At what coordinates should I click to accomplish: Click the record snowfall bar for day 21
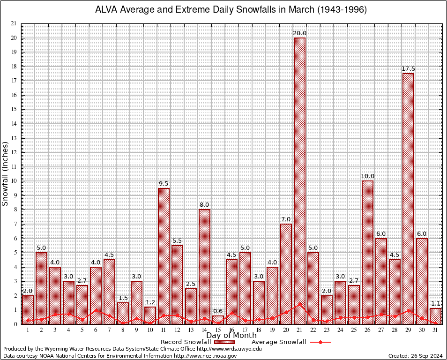click(299, 180)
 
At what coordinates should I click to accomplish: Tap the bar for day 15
click(218, 320)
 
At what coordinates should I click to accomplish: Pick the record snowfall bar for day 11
click(164, 256)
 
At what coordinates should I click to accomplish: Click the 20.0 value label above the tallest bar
click(299, 33)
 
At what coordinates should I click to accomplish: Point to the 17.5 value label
click(408, 69)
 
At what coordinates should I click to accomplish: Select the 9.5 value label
click(164, 184)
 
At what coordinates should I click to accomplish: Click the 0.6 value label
click(218, 311)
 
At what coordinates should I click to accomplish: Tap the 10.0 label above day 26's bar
click(367, 176)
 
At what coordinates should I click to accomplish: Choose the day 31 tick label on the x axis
click(435, 330)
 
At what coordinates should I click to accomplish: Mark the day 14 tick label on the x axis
click(204, 330)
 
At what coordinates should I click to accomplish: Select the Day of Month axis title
click(231, 336)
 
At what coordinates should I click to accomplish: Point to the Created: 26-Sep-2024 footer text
click(416, 356)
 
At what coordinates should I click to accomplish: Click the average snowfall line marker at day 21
click(299, 304)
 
